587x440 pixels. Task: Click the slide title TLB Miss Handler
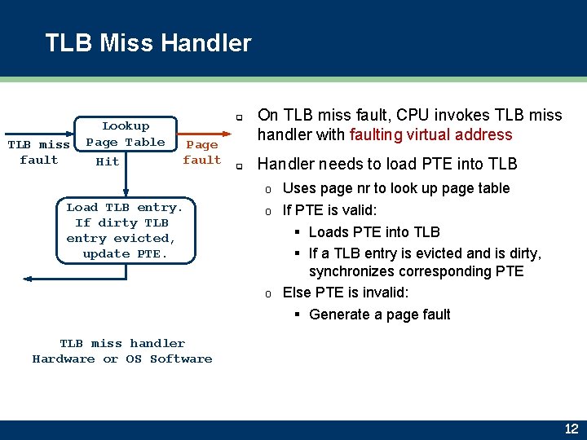coord(148,43)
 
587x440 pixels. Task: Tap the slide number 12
coord(571,429)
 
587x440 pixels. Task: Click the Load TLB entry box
coord(121,231)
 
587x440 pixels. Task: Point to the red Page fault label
coord(202,152)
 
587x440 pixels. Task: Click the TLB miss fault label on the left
coord(38,152)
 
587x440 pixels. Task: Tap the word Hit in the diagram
coord(108,161)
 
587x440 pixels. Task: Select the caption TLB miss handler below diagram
coord(122,343)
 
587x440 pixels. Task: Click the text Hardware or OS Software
coord(122,359)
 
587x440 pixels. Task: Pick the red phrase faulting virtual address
coord(430,135)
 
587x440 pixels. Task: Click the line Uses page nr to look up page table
coord(395,188)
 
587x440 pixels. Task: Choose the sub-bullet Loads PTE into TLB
coord(374,232)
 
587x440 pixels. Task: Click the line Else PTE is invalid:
coord(346,293)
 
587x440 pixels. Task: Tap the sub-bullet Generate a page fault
coord(379,315)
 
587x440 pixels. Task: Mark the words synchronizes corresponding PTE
coord(416,271)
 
